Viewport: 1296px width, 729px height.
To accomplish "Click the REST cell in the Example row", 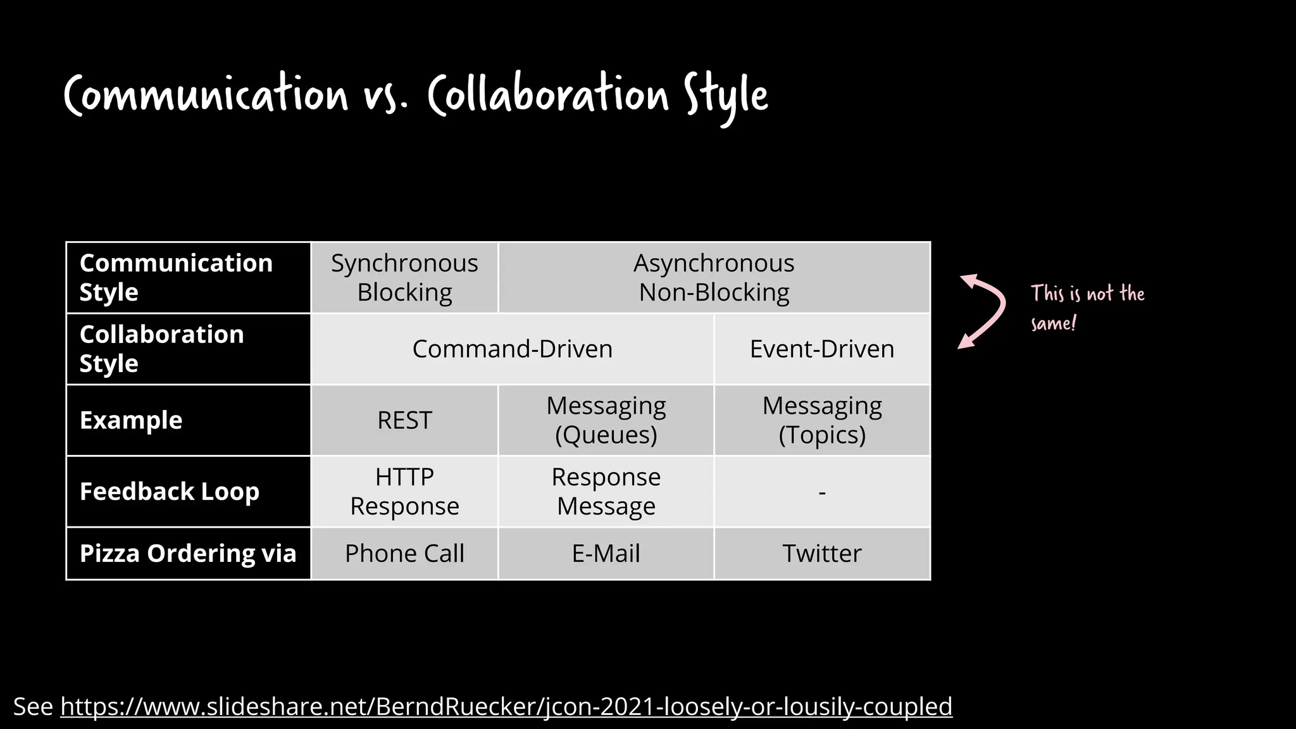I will click(404, 420).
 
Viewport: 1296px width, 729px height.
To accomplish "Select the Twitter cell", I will click(821, 554).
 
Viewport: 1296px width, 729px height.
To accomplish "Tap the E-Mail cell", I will click(606, 554).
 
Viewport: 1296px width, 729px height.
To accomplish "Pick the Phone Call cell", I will click(404, 554).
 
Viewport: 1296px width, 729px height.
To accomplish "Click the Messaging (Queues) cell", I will click(606, 420).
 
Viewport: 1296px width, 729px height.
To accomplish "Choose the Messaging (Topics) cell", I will click(821, 420).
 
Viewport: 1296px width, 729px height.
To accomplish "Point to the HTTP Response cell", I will click(404, 492).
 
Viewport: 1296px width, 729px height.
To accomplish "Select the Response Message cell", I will click(606, 492).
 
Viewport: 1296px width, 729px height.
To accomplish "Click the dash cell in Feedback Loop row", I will click(821, 492).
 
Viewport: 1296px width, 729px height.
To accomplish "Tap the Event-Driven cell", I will click(821, 349).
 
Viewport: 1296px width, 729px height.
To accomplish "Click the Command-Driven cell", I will click(512, 349).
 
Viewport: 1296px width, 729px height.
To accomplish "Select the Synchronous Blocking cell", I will click(404, 278).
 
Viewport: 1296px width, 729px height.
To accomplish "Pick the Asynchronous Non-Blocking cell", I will click(714, 278).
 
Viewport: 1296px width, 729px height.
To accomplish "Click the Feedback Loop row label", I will click(170, 492).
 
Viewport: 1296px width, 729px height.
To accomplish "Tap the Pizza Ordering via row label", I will click(188, 554).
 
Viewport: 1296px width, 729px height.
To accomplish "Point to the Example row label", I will click(131, 420).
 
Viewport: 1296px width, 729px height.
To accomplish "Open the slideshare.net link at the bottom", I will click(506, 706).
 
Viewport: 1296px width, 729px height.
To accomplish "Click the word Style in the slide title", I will click(725, 96).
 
